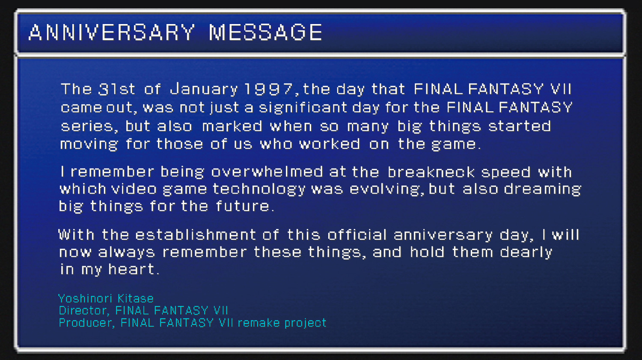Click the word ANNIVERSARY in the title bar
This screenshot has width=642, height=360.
coord(111,33)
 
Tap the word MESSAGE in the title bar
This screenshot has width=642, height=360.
coord(265,33)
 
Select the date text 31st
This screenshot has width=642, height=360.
coord(116,89)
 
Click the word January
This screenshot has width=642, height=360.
coord(204,89)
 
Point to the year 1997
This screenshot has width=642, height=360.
coord(268,89)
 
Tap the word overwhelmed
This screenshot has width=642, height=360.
coord(267,172)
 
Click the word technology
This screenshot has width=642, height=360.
coord(259,189)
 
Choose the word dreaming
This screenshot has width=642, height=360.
coord(542,189)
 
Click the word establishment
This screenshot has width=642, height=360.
coord(195,235)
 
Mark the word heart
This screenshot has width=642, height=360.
coord(133,269)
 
